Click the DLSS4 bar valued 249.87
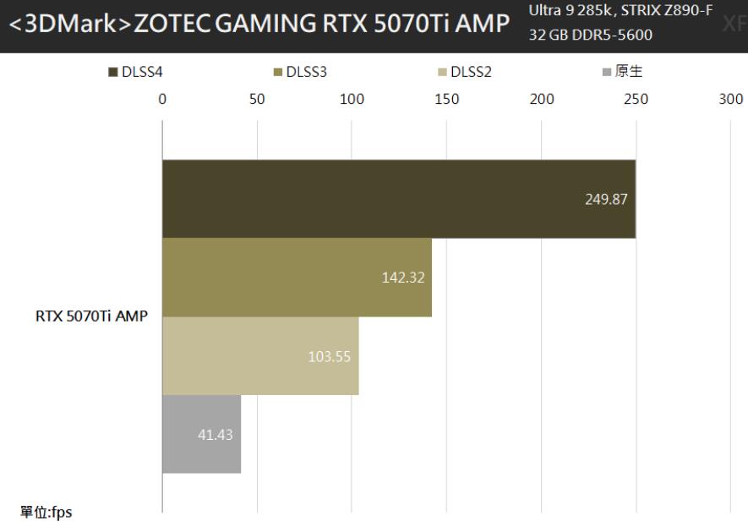(x=397, y=199)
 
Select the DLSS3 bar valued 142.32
(x=296, y=277)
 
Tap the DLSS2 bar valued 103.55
(x=259, y=355)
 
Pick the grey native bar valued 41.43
(x=201, y=434)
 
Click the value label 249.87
(x=606, y=200)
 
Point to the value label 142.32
(x=403, y=277)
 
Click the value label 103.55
(x=330, y=356)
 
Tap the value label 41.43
(x=215, y=435)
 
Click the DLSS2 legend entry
(x=464, y=72)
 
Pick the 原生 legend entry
(x=621, y=72)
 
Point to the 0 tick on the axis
(x=162, y=98)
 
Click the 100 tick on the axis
(x=352, y=98)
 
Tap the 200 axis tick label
(x=541, y=98)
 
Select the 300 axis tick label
(x=730, y=98)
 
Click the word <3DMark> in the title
(x=66, y=25)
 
